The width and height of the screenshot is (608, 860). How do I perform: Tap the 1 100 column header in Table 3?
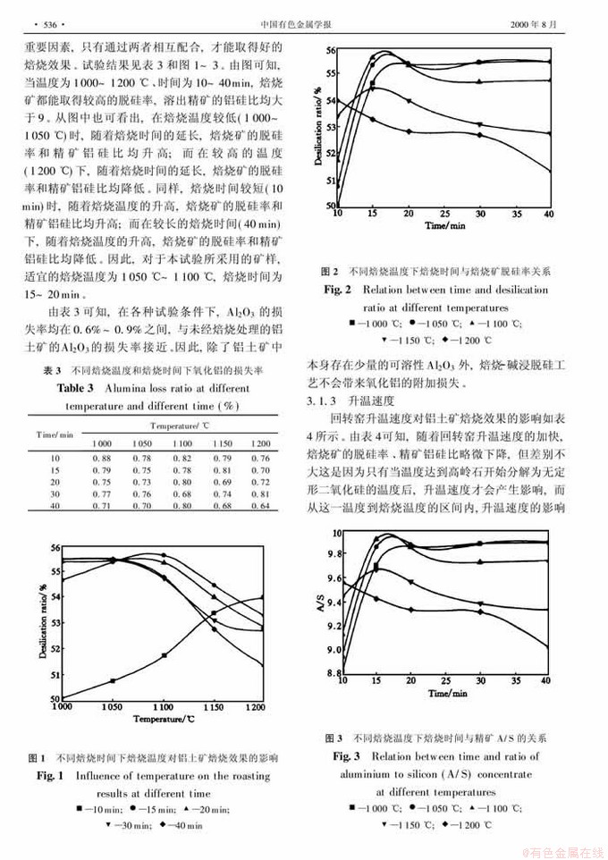point(182,443)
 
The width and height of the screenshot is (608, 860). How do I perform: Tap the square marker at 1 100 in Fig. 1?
point(164,655)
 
